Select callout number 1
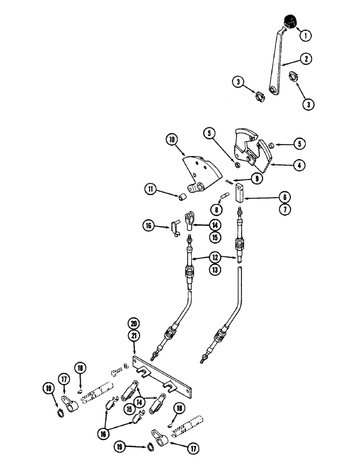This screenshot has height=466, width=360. click(x=306, y=34)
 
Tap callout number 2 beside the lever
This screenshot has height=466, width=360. click(x=306, y=59)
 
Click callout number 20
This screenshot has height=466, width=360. click(x=134, y=322)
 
